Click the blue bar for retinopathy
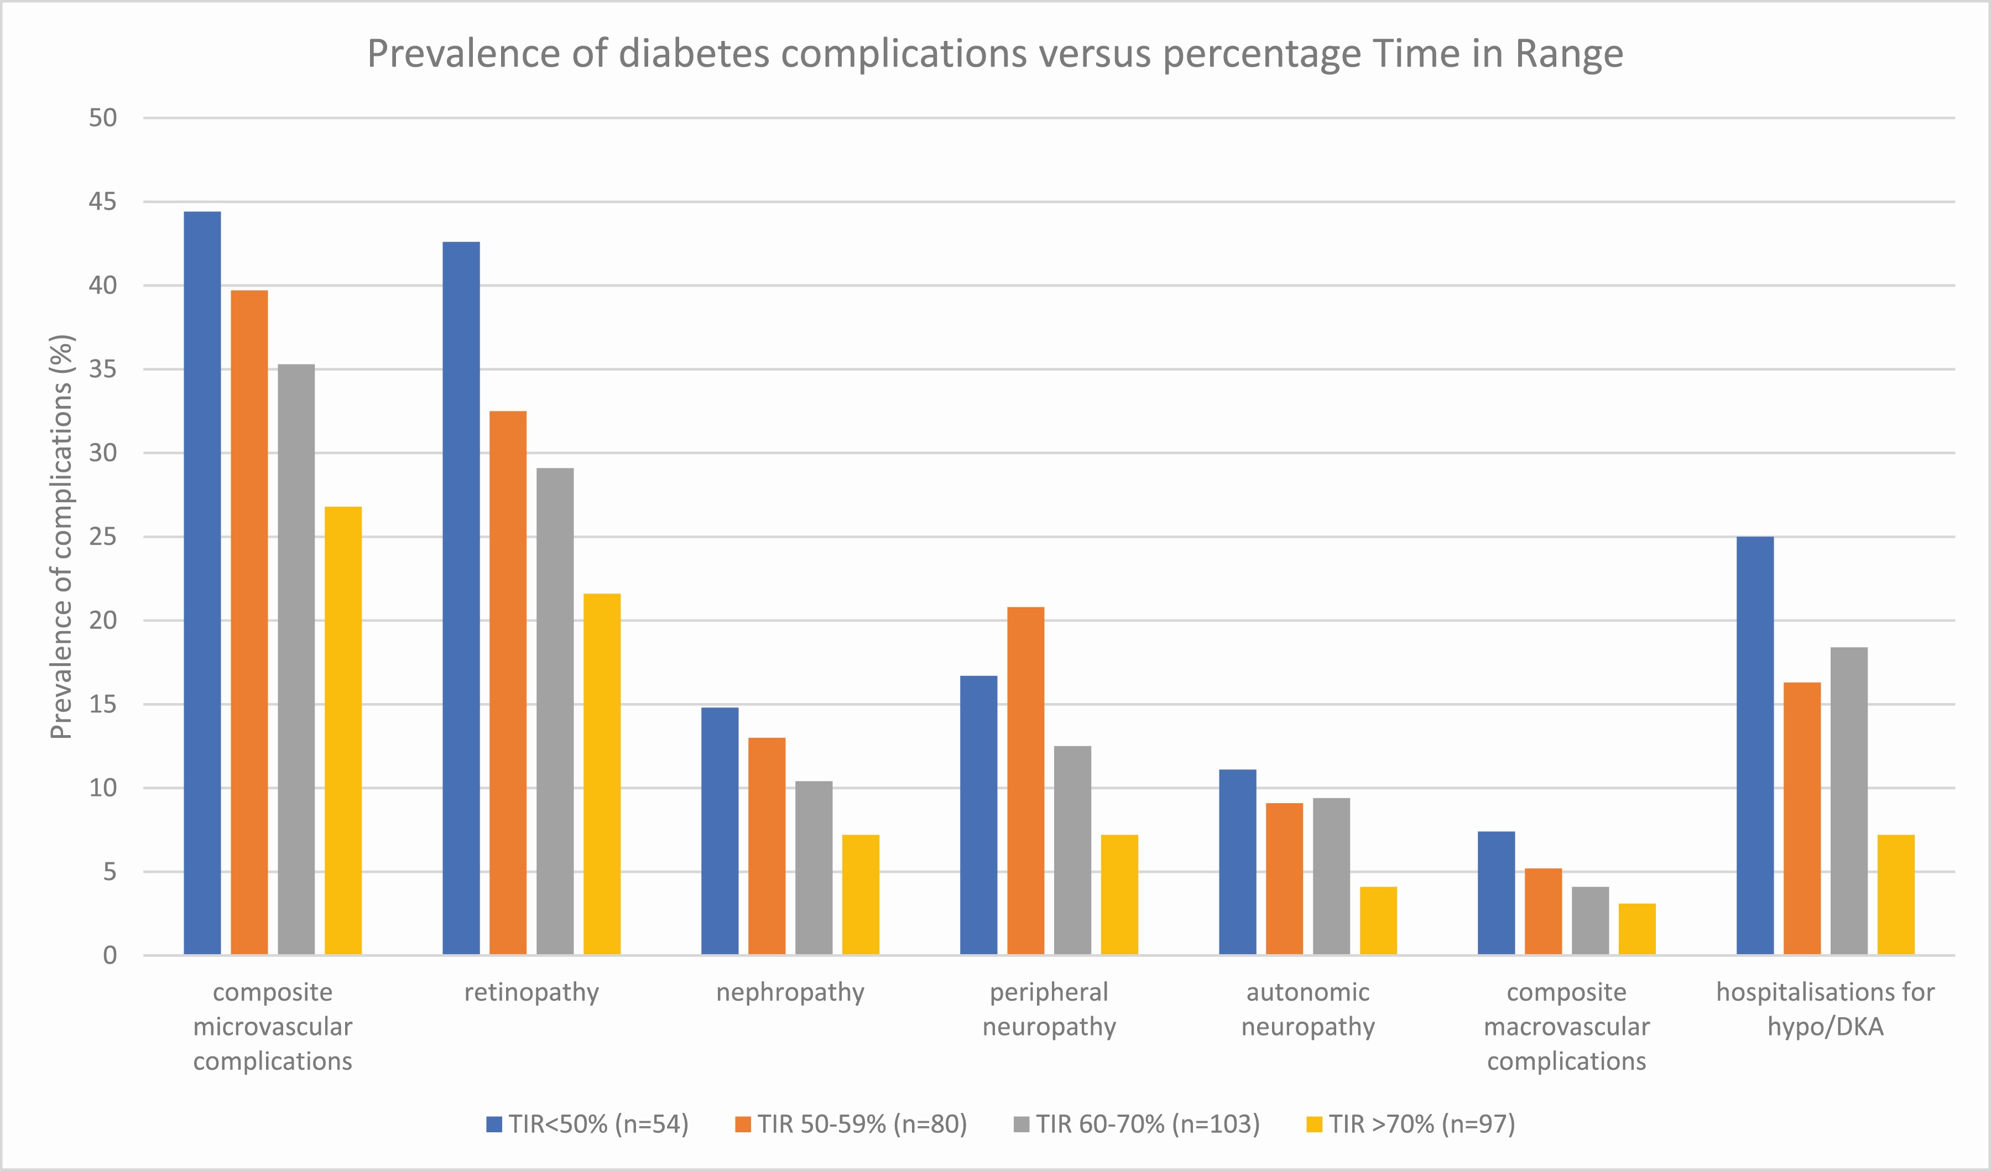tap(461, 598)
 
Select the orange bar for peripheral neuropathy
tap(1025, 780)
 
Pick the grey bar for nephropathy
tap(814, 867)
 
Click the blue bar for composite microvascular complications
tap(202, 583)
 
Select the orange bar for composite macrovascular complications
tap(1543, 911)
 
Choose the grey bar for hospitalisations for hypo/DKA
tap(1849, 800)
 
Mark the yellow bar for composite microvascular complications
tap(343, 730)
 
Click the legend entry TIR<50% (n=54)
tap(588, 1123)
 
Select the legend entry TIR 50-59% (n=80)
tap(851, 1123)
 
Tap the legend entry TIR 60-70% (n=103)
tap(1137, 1123)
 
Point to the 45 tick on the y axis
tap(103, 202)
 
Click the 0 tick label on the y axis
tap(110, 955)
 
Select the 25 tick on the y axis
tap(103, 537)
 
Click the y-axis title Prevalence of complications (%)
tap(61, 537)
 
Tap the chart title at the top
tap(995, 54)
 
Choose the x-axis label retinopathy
tap(531, 992)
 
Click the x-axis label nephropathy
tap(790, 992)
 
